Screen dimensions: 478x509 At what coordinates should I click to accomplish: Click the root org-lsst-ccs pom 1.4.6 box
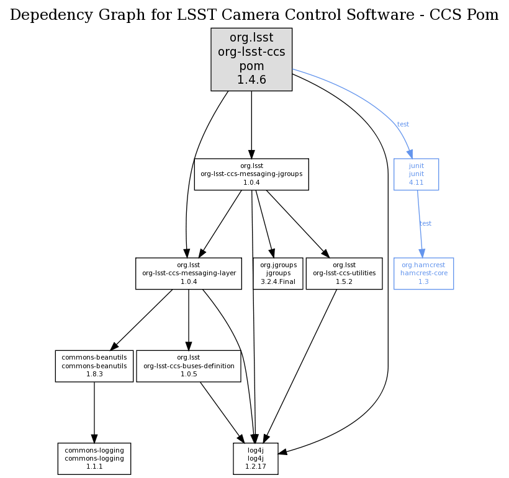(x=251, y=60)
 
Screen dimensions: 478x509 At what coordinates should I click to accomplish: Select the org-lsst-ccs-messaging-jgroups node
(x=251, y=174)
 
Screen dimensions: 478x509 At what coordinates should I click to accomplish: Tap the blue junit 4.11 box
(x=416, y=174)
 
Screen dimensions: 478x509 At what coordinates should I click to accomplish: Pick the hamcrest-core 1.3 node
(x=423, y=273)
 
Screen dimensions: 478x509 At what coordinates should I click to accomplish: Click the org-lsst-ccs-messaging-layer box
(x=189, y=273)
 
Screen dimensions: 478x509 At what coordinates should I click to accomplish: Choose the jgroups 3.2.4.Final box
(x=278, y=273)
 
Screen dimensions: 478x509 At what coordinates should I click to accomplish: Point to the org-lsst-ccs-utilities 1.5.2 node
(x=345, y=273)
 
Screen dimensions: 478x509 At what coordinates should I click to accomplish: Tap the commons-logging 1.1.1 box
(x=94, y=458)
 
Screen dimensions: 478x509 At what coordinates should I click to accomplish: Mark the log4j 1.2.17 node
(x=256, y=458)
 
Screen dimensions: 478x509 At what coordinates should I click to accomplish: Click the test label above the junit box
(x=403, y=125)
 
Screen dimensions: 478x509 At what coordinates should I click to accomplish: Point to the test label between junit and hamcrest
(x=426, y=224)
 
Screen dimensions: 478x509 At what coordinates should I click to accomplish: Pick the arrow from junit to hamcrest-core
(x=420, y=224)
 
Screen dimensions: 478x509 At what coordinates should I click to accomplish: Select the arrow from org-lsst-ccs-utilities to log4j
(x=301, y=366)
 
